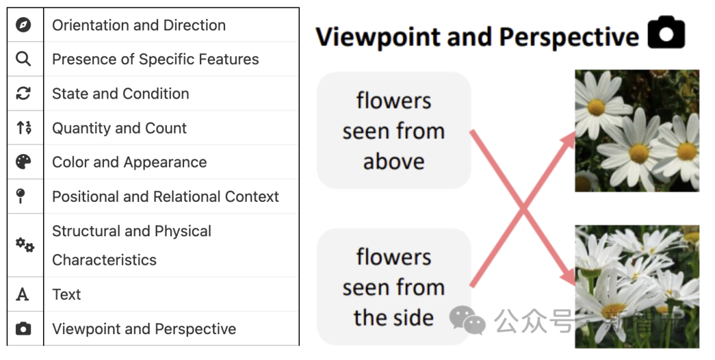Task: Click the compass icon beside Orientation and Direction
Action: pyautogui.click(x=24, y=25)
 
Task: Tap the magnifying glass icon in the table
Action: pyautogui.click(x=24, y=60)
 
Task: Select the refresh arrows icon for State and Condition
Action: pyautogui.click(x=24, y=94)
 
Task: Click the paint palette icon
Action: pyautogui.click(x=24, y=162)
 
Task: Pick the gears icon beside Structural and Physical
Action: pyautogui.click(x=24, y=245)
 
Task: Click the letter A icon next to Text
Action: pyautogui.click(x=23, y=294)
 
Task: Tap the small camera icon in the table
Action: pyautogui.click(x=24, y=329)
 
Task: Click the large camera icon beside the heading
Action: pyautogui.click(x=666, y=34)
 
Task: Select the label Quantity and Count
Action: pyautogui.click(x=119, y=128)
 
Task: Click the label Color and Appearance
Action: pyautogui.click(x=129, y=162)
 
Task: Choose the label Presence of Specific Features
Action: pyautogui.click(x=156, y=60)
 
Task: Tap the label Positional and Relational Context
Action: pyautogui.click(x=166, y=197)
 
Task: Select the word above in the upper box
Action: pyautogui.click(x=393, y=161)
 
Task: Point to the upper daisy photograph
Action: pyautogui.click(x=636, y=131)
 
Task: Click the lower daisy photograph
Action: pyautogui.click(x=636, y=286)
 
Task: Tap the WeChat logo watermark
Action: pyautogui.click(x=467, y=321)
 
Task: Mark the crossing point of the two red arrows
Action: pyautogui.click(x=522, y=210)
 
